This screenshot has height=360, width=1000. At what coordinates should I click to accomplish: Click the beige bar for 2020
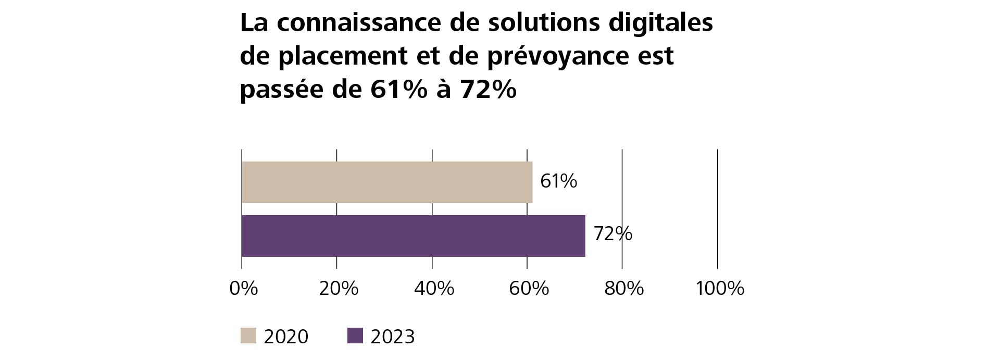coord(386,182)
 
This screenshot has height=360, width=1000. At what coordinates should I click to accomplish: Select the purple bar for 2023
coord(413,236)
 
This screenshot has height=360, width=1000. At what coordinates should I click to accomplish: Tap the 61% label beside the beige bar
coord(558,181)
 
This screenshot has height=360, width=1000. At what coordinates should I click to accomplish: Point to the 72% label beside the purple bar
coord(612,234)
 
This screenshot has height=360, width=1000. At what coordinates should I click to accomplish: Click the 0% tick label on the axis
coord(244,288)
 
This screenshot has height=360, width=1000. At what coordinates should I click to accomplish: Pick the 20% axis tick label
coord(339,288)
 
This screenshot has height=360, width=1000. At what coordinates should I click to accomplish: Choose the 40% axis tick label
coord(434,288)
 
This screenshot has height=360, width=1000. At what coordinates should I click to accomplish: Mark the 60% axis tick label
coord(529,288)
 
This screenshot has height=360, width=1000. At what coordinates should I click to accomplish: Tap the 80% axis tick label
coord(624,288)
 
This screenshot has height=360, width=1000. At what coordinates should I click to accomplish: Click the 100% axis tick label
coord(720,288)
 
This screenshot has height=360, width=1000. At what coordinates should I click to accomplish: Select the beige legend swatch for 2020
coord(248,336)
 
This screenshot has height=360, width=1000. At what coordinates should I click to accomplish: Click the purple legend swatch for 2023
coord(355,336)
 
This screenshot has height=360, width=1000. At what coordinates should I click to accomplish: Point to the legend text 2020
coord(286,337)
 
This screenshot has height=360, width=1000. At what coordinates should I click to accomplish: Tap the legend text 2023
coord(393,337)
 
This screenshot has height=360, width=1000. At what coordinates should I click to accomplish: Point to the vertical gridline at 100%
coord(718,208)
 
